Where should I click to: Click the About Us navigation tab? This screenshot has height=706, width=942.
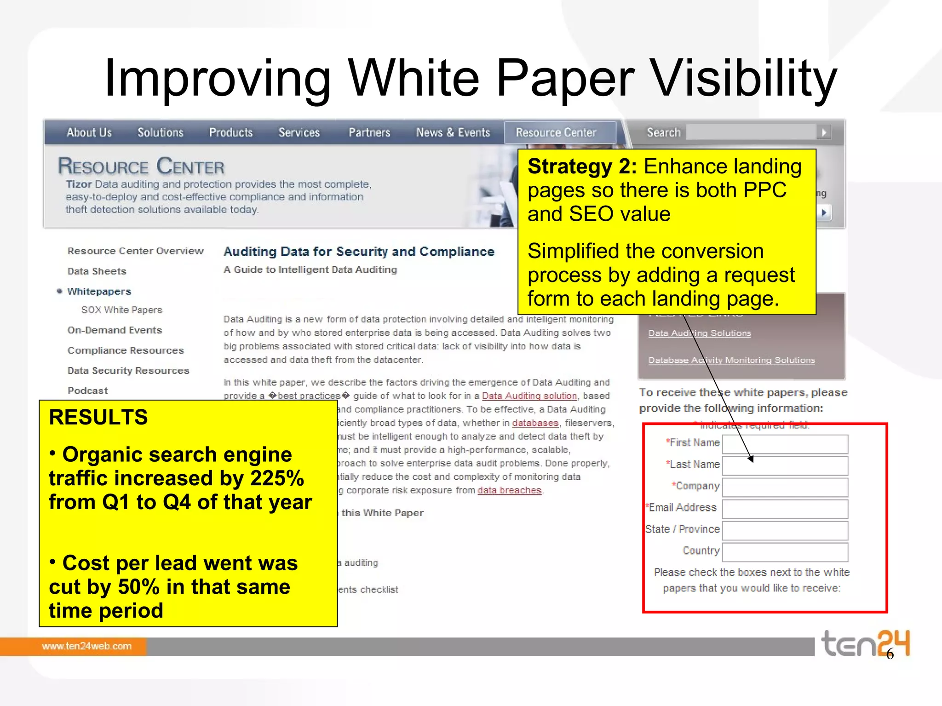click(x=89, y=132)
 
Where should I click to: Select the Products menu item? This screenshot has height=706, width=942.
click(x=231, y=132)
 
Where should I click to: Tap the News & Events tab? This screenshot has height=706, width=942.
click(x=453, y=132)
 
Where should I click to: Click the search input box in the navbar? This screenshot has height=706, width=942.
click(x=751, y=132)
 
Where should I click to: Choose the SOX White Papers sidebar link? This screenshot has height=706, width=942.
click(x=122, y=310)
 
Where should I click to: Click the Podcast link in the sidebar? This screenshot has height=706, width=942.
click(x=88, y=391)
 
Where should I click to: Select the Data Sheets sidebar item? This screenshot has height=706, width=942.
click(x=97, y=271)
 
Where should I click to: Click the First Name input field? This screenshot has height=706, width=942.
click(x=785, y=444)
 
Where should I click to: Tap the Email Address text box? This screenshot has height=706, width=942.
click(x=785, y=509)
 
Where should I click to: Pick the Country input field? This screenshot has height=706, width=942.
click(x=785, y=552)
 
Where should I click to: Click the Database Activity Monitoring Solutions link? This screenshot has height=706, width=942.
click(x=731, y=360)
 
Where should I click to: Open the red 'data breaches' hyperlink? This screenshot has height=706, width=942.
click(x=509, y=490)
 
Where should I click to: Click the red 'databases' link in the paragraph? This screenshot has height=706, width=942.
click(x=535, y=423)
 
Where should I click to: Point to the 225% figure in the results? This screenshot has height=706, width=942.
click(x=277, y=478)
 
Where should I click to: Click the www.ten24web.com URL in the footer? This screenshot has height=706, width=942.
click(x=87, y=646)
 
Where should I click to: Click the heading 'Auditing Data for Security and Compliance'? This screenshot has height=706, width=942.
click(x=359, y=252)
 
